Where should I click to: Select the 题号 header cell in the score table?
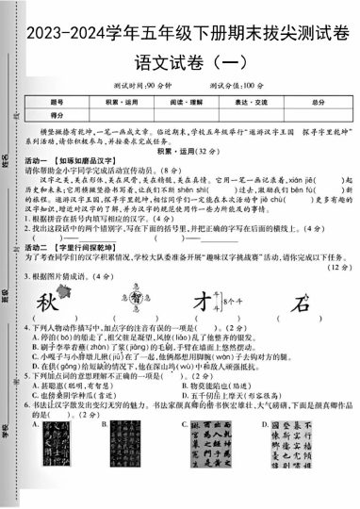[57, 101]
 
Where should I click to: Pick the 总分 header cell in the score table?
[318, 101]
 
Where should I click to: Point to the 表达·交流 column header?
[250, 101]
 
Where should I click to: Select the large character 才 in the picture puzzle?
[201, 304]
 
